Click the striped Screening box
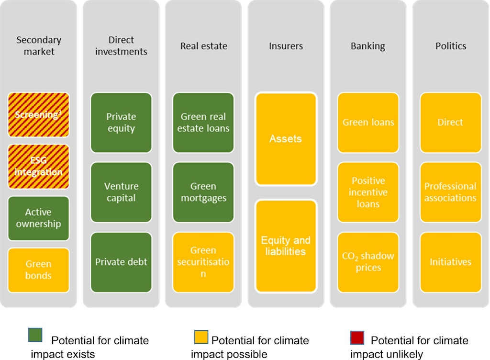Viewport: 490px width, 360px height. (x=38, y=115)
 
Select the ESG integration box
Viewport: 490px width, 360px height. (x=38, y=167)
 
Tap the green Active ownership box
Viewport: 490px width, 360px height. (x=38, y=218)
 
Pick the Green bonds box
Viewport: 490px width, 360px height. (x=38, y=270)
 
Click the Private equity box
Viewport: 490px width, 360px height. (x=121, y=123)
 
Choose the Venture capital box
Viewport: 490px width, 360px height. (x=121, y=192)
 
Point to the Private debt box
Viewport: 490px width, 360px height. (x=121, y=262)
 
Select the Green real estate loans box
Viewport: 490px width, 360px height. (x=203, y=123)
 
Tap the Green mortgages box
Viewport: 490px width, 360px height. (x=203, y=192)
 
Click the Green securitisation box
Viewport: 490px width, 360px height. (x=203, y=262)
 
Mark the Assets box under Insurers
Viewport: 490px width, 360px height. (x=286, y=139)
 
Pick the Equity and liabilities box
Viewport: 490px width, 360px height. (x=286, y=246)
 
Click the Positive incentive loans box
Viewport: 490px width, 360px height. (x=368, y=192)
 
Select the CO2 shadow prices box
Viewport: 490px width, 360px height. (x=368, y=262)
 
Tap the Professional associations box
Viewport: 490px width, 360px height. (x=450, y=192)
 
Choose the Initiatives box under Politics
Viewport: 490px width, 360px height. (x=450, y=262)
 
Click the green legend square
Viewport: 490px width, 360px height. (x=35, y=335)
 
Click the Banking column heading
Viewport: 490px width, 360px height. (x=368, y=46)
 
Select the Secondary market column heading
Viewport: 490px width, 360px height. (x=38, y=45)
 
